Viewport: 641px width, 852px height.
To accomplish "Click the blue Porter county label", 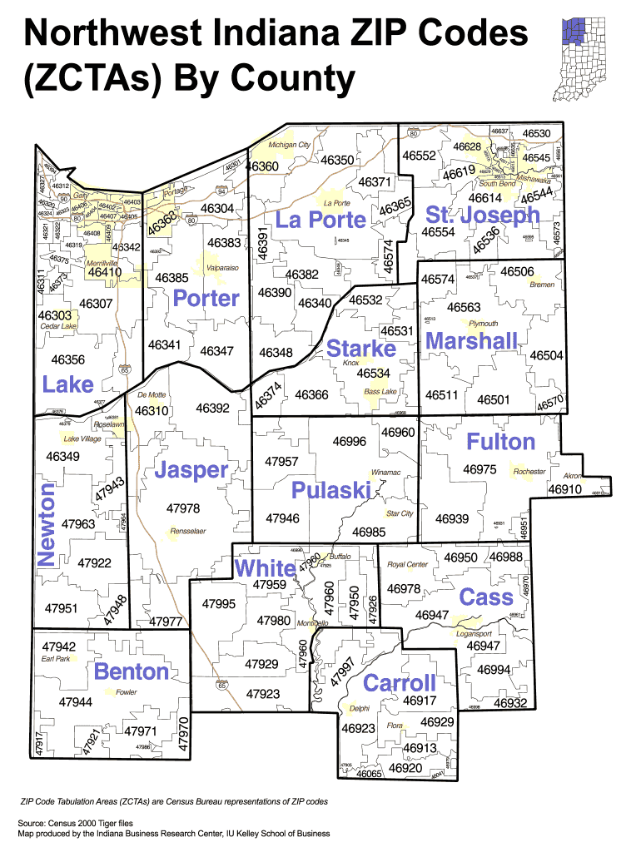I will (206, 298).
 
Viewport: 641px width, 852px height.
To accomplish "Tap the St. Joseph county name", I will (482, 215).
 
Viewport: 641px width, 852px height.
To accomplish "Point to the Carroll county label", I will (400, 683).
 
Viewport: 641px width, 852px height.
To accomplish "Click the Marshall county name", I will (471, 341).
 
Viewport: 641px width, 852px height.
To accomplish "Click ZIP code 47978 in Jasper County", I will (183, 508).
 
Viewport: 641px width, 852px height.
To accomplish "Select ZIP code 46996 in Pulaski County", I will (350, 441).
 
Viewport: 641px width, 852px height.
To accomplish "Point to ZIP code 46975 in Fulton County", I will (480, 470).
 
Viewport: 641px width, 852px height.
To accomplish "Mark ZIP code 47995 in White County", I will (220, 603).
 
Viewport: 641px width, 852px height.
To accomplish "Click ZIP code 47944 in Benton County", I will (75, 702).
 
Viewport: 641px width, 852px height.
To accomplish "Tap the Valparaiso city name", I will (223, 268).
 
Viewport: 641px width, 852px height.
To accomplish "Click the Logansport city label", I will (475, 633).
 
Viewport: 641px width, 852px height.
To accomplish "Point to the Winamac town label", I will (385, 473).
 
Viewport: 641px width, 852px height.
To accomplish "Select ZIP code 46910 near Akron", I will (564, 489).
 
